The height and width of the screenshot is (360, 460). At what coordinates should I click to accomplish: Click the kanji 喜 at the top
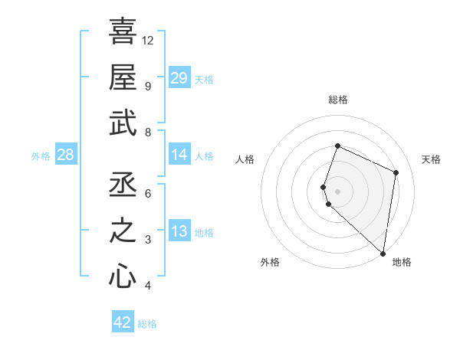pyautogui.click(x=123, y=32)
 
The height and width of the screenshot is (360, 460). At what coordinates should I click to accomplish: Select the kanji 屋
pyautogui.click(x=123, y=77)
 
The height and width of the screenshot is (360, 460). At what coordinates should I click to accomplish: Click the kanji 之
pyautogui.click(x=123, y=231)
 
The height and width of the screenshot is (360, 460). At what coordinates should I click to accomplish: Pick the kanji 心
pyautogui.click(x=123, y=277)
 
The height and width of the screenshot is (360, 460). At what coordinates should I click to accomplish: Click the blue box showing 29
pyautogui.click(x=179, y=77)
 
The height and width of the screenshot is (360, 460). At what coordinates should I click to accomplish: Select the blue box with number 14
pyautogui.click(x=179, y=155)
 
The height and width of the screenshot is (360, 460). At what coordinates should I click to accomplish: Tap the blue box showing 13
pyautogui.click(x=179, y=232)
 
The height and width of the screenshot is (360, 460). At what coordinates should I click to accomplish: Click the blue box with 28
pyautogui.click(x=65, y=155)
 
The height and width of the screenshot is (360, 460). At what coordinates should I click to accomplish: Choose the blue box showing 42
pyautogui.click(x=123, y=322)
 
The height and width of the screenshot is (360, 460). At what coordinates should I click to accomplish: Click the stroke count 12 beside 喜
pyautogui.click(x=148, y=40)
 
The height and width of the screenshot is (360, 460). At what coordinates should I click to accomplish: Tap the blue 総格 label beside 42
pyautogui.click(x=147, y=324)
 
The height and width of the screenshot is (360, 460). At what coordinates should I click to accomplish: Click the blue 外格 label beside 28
pyautogui.click(x=41, y=156)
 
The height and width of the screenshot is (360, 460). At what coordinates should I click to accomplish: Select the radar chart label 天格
pyautogui.click(x=431, y=159)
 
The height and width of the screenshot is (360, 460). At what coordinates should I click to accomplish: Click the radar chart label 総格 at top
pyautogui.click(x=337, y=100)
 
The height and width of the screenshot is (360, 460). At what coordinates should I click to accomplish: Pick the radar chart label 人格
pyautogui.click(x=245, y=159)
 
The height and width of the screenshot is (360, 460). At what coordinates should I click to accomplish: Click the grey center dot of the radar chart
pyautogui.click(x=337, y=191)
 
